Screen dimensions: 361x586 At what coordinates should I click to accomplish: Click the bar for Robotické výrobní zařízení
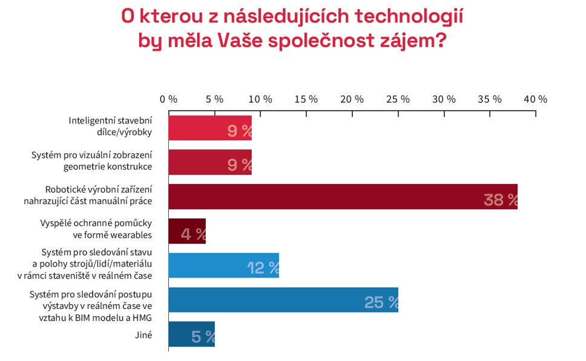342,197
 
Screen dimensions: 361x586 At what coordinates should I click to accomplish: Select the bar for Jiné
191,334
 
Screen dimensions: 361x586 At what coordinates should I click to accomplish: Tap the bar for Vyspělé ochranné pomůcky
186,231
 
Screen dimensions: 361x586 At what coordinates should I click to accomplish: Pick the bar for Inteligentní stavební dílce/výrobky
209,128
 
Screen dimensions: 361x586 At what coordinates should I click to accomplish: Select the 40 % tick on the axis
535,99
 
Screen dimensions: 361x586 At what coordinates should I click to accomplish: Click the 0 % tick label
168,99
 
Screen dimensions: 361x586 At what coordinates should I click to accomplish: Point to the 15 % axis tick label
306,99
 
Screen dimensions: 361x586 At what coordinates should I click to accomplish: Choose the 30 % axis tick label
443,99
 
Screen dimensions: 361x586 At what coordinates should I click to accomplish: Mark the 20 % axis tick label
352,99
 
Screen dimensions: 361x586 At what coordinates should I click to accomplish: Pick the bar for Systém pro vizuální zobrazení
209,162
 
